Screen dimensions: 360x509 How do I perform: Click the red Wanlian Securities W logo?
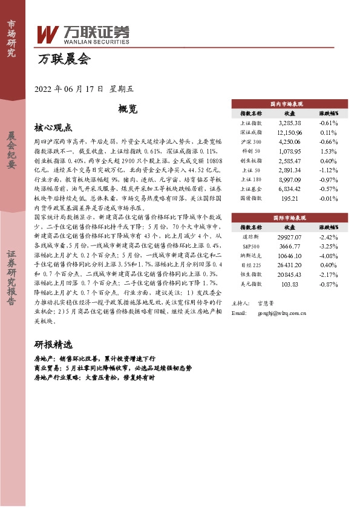tap(48, 34)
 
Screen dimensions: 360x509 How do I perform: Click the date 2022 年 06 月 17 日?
tap(70, 88)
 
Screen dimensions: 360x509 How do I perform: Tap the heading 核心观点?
tap(53, 128)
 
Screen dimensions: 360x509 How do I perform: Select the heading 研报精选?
tap(53, 345)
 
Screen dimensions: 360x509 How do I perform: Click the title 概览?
tap(128, 109)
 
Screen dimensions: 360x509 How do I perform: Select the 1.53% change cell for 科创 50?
tap(329, 151)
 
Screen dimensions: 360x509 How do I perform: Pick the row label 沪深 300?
tap(250, 141)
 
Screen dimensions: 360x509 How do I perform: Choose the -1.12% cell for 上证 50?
tap(329, 170)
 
